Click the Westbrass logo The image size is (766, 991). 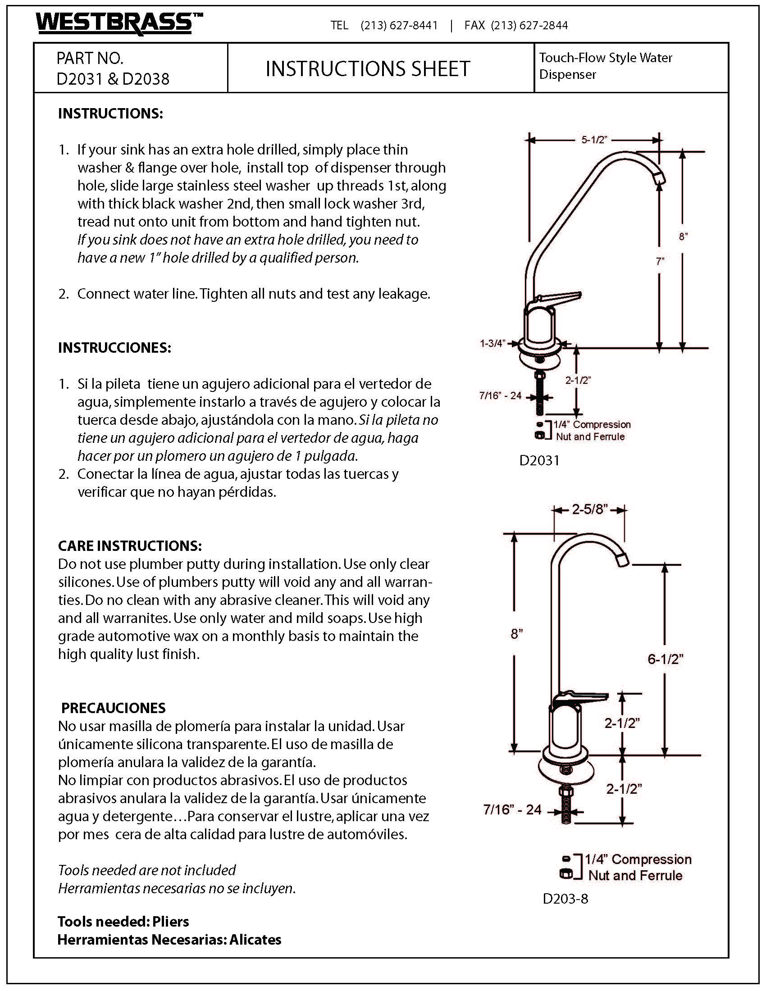tap(119, 23)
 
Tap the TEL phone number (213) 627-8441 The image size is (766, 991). tap(399, 25)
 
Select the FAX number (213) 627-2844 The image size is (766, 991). tap(529, 25)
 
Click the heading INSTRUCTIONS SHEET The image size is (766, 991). tap(368, 69)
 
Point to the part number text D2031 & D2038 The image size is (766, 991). tap(113, 79)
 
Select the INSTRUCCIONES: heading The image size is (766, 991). tap(114, 348)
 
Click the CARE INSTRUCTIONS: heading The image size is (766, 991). tap(130, 546)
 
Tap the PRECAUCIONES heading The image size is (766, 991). tap(114, 708)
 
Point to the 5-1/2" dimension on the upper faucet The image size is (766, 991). tap(594, 140)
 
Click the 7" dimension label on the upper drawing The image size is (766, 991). tap(660, 261)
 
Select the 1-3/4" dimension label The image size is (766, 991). tap(492, 344)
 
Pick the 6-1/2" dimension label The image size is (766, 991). tap(665, 659)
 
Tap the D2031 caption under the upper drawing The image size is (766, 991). tap(539, 460)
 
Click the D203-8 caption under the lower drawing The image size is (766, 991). tap(565, 899)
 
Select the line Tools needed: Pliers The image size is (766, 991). tap(123, 922)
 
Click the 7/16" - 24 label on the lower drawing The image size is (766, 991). tap(512, 810)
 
